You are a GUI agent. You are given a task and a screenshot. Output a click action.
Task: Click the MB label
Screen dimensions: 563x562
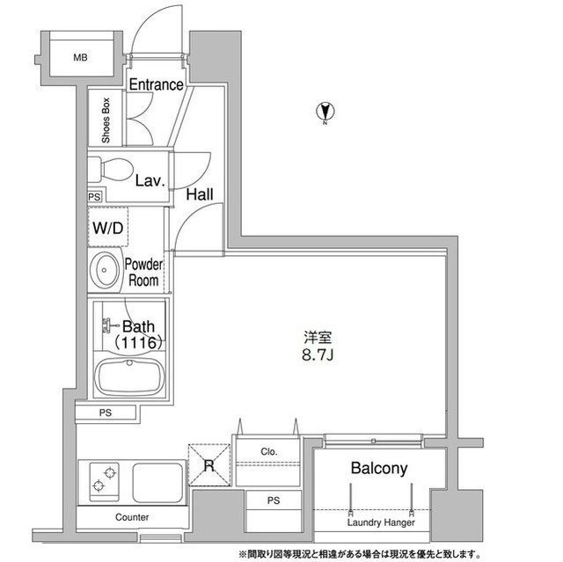coord(80,57)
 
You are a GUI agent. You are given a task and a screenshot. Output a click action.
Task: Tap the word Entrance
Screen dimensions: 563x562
coord(157,84)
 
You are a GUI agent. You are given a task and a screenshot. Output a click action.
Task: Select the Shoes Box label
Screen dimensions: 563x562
coord(106,120)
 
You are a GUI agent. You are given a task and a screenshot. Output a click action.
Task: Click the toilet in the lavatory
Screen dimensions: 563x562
coord(111,170)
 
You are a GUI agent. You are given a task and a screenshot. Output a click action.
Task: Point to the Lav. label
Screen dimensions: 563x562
coord(150,180)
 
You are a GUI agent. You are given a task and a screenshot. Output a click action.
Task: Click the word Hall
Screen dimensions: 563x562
coord(200,195)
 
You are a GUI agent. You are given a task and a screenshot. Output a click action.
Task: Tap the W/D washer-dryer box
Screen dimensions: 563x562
coord(108,227)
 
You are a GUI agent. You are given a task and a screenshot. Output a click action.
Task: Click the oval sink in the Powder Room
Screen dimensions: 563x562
coord(105,270)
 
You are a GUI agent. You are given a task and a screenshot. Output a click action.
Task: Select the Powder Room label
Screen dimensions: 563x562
coord(143,273)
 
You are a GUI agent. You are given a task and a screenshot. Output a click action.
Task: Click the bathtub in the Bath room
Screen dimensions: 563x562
coord(129,376)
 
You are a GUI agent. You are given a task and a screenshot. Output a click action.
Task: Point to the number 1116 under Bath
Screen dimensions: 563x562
coord(139,343)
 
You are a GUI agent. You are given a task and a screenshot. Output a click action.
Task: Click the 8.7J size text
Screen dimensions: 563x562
coord(318,355)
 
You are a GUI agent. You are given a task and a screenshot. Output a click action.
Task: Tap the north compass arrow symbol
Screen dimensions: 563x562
coord(325,112)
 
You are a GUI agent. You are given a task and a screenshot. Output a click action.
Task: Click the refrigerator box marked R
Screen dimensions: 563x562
coord(209,465)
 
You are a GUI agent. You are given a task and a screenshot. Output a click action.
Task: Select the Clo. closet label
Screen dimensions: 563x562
coord(269,451)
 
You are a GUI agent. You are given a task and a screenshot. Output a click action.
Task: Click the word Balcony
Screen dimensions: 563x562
coord(379,468)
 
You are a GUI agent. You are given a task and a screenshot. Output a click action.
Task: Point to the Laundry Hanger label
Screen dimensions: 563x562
coord(381,522)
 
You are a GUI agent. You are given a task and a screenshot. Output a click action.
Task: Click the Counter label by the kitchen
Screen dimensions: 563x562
coord(132,517)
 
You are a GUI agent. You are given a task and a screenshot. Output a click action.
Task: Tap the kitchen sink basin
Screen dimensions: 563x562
coord(158,483)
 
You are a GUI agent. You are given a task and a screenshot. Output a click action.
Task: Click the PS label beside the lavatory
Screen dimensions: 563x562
coord(94,197)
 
